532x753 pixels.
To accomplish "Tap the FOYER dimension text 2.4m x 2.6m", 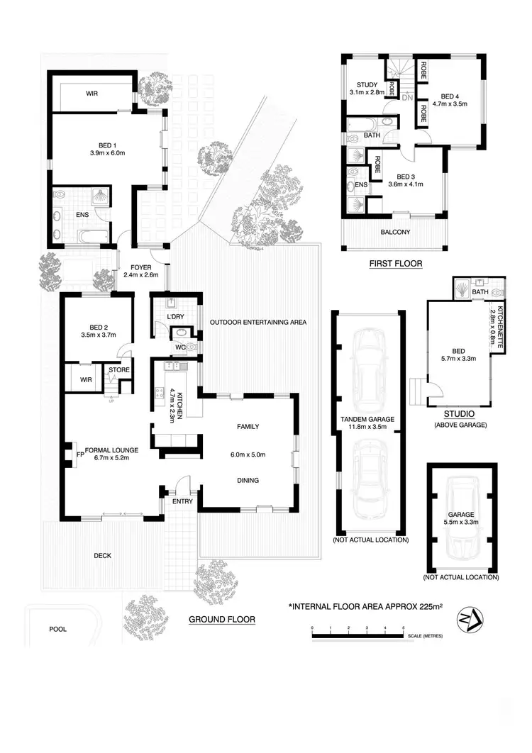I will (140, 274).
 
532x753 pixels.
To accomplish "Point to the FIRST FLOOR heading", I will (395, 264).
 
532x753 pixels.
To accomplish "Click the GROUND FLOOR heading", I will (221, 619).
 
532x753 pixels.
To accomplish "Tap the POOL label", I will (58, 629).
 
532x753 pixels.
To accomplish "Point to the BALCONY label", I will (395, 232).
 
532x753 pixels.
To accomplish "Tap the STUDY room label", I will (366, 84).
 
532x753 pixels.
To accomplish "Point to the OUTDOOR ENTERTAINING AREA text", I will (257, 322).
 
